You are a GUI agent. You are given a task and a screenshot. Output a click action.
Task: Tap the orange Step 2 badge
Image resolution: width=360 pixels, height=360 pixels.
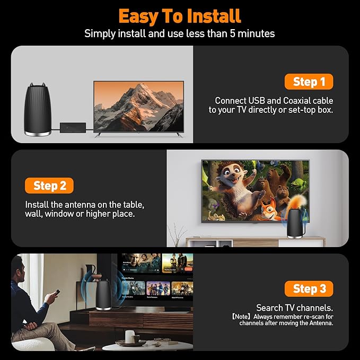click(49, 186)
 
